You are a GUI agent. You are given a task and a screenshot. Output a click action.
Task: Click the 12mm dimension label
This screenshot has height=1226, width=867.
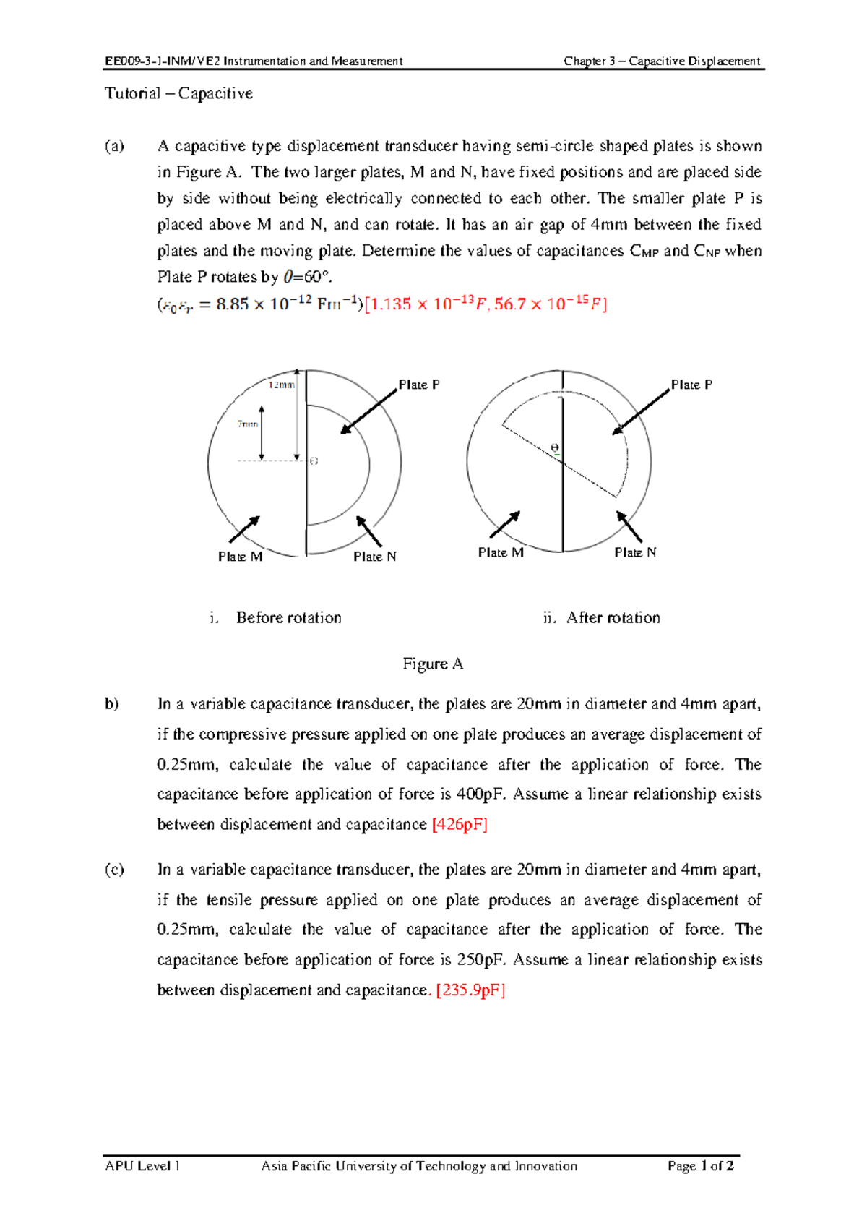click(282, 385)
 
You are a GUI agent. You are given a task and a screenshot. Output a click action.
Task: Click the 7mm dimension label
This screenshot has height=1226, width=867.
click(248, 424)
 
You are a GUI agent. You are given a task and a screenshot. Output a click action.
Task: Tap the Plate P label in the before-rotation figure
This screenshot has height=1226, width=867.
click(419, 385)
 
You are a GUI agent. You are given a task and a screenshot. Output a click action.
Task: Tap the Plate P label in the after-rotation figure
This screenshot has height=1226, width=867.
click(691, 385)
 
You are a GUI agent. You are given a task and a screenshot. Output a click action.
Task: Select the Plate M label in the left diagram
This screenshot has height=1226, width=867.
click(240, 557)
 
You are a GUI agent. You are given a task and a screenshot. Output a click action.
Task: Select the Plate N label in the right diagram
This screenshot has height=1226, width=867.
click(635, 552)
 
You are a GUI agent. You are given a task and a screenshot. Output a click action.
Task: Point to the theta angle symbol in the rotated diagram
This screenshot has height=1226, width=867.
click(555, 448)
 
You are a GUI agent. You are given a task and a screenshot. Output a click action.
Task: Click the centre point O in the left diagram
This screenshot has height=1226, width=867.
click(314, 460)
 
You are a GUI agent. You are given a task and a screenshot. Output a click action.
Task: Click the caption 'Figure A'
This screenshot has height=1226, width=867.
click(433, 664)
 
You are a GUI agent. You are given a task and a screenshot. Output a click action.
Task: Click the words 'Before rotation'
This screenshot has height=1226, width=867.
click(288, 617)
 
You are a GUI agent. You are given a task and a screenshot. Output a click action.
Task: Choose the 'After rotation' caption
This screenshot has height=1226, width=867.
click(613, 617)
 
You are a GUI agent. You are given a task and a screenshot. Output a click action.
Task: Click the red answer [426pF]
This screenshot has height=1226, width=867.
click(460, 825)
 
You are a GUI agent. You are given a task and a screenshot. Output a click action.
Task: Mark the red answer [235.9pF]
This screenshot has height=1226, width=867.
click(470, 990)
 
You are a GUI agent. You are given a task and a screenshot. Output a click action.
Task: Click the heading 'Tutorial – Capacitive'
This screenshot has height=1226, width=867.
click(178, 93)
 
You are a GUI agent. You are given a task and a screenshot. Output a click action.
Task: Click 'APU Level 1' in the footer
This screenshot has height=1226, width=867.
click(142, 1166)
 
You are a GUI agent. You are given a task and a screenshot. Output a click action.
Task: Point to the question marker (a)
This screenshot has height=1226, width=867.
click(114, 146)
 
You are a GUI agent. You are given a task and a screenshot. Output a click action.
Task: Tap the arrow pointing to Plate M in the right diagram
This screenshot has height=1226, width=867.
click(505, 524)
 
